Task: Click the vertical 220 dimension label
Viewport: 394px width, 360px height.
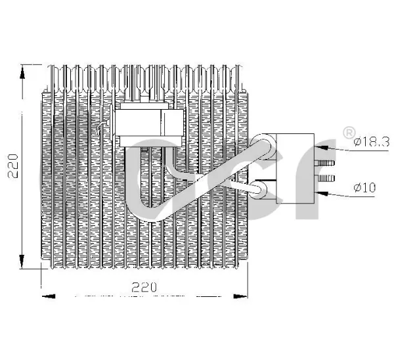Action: pyautogui.click(x=13, y=166)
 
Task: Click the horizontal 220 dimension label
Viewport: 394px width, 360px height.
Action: pyautogui.click(x=144, y=287)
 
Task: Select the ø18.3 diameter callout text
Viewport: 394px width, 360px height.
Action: pyautogui.click(x=372, y=142)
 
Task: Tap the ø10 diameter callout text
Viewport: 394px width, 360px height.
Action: pyautogui.click(x=364, y=187)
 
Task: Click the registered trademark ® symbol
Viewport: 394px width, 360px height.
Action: pyautogui.click(x=349, y=133)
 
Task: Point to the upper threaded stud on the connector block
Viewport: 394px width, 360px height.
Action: pyautogui.click(x=324, y=163)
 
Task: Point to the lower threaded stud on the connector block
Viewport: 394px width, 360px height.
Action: pyautogui.click(x=326, y=178)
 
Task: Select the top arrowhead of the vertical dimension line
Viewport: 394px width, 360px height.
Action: pyautogui.click(x=22, y=73)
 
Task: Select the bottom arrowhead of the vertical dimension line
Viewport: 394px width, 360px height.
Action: pyautogui.click(x=22, y=260)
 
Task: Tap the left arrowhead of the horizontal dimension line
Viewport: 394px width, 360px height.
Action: pyautogui.click(x=49, y=296)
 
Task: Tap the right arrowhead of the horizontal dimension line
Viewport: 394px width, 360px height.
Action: pyautogui.click(x=240, y=296)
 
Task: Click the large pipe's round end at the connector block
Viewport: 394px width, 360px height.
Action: pyautogui.click(x=263, y=146)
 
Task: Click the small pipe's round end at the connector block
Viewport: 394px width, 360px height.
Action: pyautogui.click(x=261, y=190)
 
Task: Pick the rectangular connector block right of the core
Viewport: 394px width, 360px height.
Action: pyautogui.click(x=295, y=168)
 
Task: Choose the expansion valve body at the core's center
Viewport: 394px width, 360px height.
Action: pyautogui.click(x=149, y=125)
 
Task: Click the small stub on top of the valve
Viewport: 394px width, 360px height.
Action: pyautogui.click(x=144, y=99)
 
